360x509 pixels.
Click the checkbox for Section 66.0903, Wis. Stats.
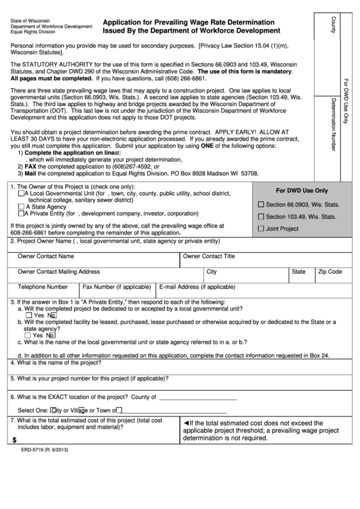coord(262,205)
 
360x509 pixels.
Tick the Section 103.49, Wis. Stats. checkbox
coord(262,217)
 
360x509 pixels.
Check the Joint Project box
coord(262,229)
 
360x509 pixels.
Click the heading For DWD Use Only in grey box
coord(301,191)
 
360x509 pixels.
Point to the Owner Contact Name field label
coord(46,257)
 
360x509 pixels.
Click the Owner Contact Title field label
coord(209,257)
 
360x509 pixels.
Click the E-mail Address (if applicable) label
coord(198,287)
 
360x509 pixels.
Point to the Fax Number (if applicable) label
coord(117,287)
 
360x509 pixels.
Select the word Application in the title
coord(122,22)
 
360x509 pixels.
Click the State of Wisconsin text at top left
coord(31,20)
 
